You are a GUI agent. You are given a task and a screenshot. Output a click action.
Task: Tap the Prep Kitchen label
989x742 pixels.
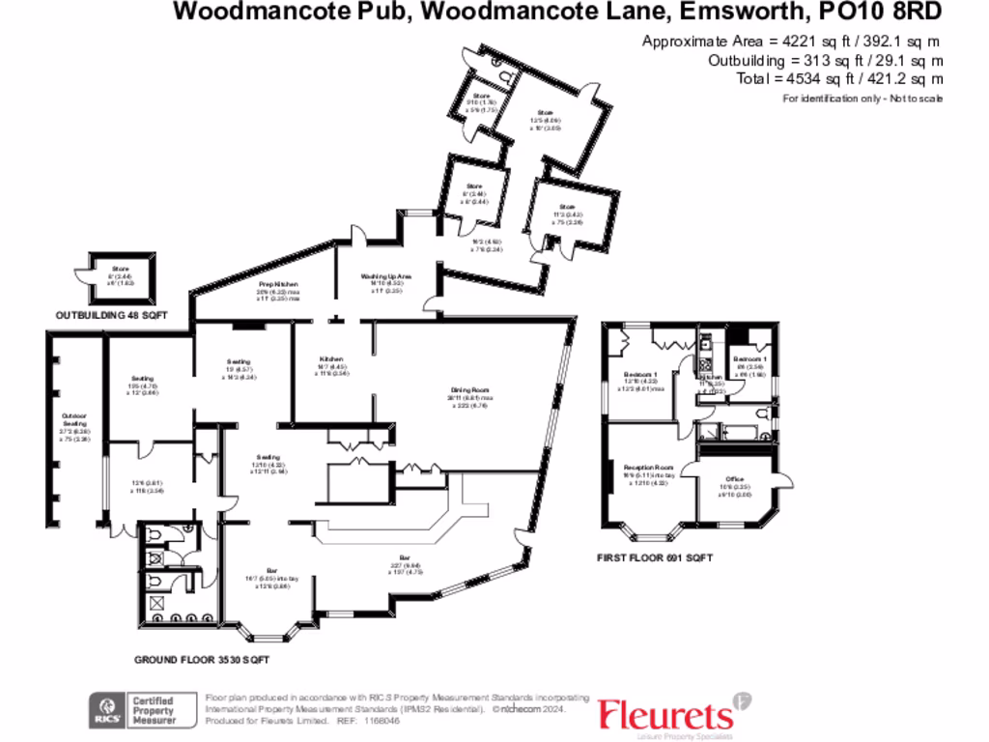tap(277, 284)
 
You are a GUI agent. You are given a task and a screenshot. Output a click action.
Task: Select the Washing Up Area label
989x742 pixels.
tap(386, 276)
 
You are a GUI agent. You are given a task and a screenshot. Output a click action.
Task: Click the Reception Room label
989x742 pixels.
tap(648, 466)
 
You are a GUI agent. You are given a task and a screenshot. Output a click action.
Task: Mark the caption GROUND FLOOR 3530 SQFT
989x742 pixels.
tap(201, 660)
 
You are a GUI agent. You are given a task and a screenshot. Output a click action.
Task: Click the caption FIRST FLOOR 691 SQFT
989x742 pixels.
tap(656, 558)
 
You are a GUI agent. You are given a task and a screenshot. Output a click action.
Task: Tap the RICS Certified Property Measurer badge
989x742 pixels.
tap(134, 710)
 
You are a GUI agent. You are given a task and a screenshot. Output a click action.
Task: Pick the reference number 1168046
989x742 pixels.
tap(375, 721)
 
